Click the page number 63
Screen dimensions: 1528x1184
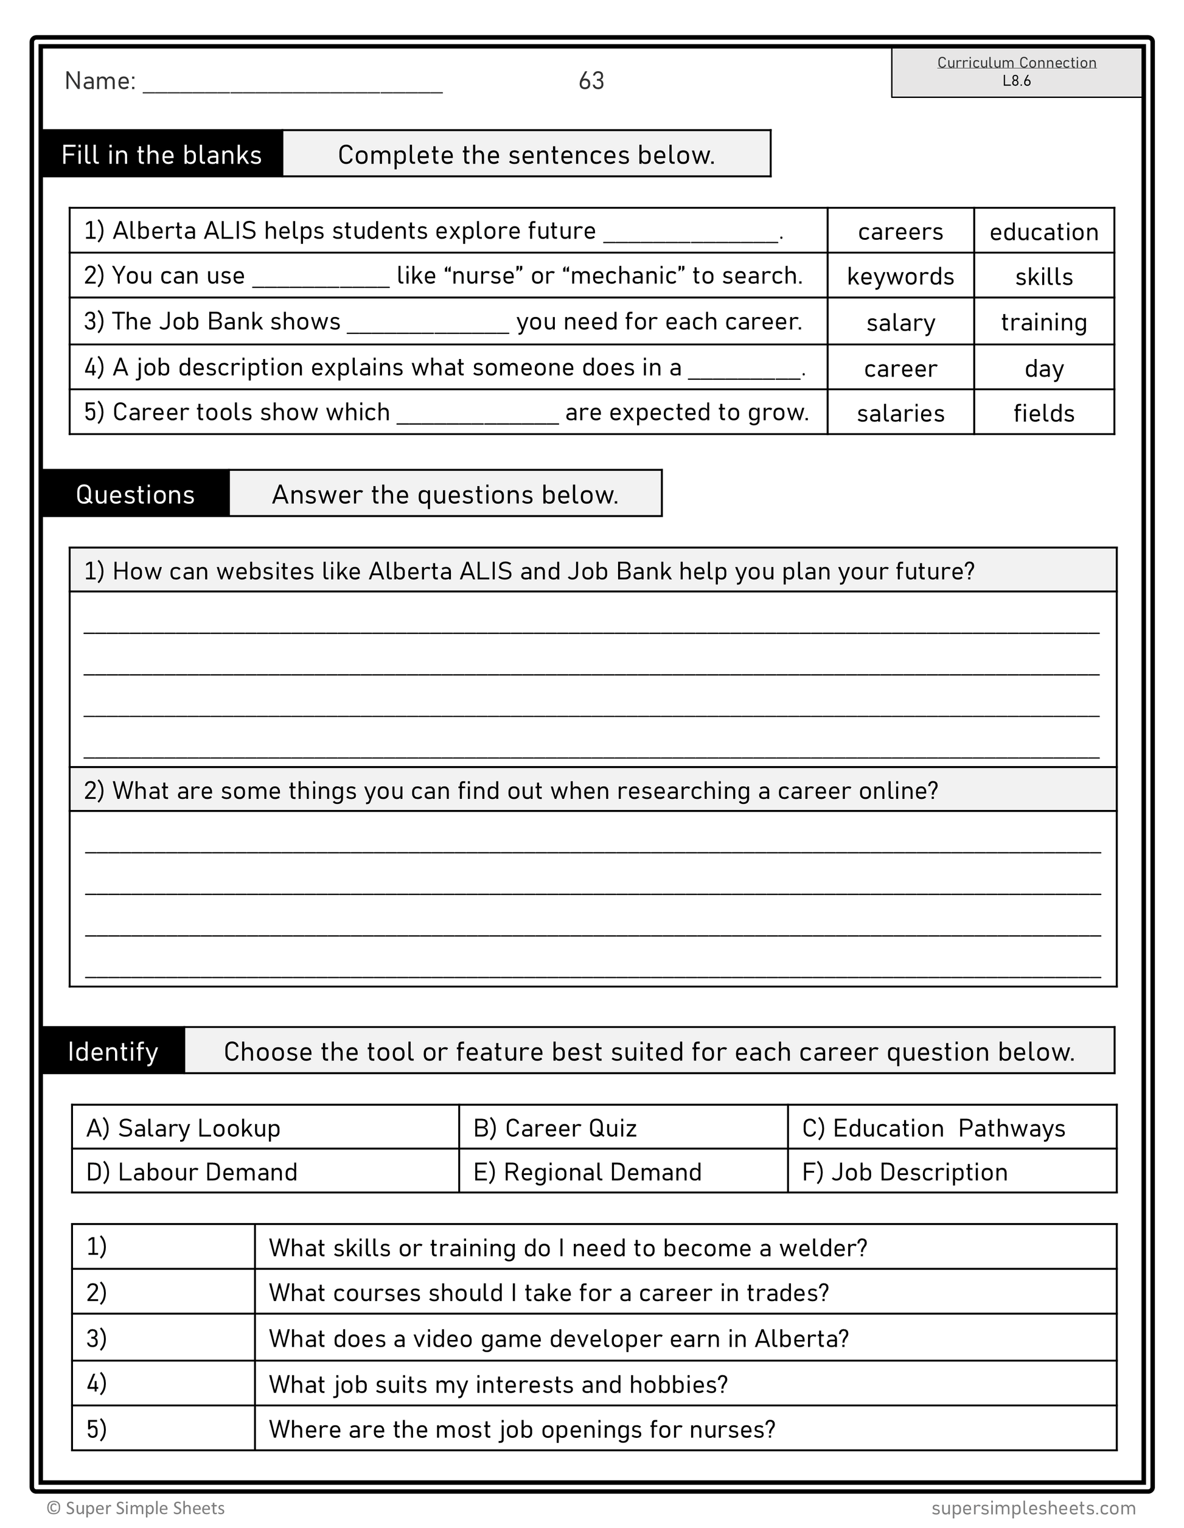click(591, 81)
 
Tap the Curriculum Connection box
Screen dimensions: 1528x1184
click(1016, 72)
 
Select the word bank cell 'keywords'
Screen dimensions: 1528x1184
click(900, 276)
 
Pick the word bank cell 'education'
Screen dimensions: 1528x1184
click(1043, 232)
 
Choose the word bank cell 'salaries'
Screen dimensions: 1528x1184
click(900, 413)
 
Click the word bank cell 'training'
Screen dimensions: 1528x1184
click(1043, 322)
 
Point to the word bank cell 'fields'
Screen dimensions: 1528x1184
click(1043, 413)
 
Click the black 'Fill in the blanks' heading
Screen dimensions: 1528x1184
click(162, 155)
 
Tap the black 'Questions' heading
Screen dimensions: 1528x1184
click(136, 495)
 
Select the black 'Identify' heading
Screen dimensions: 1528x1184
click(113, 1052)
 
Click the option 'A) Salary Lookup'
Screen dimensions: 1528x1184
click(183, 1128)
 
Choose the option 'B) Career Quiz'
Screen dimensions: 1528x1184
click(555, 1128)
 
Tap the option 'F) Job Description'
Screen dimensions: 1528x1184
click(905, 1172)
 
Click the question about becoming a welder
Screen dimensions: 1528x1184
click(568, 1247)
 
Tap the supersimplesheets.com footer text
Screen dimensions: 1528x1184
click(1033, 1508)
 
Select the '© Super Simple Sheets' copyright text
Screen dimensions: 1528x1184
click(136, 1508)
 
